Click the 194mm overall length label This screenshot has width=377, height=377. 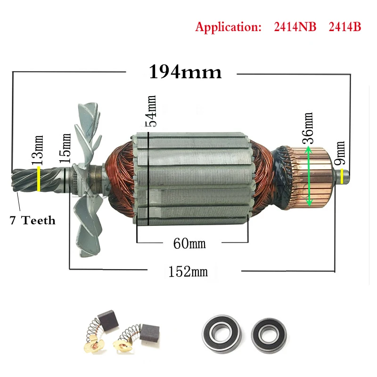(x=185, y=72)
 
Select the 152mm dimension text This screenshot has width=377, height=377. (x=188, y=272)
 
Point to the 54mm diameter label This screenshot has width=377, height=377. (x=151, y=111)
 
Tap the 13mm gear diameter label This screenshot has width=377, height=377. (x=38, y=149)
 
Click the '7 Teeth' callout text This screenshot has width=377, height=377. (x=33, y=220)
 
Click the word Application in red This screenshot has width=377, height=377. (x=228, y=27)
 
